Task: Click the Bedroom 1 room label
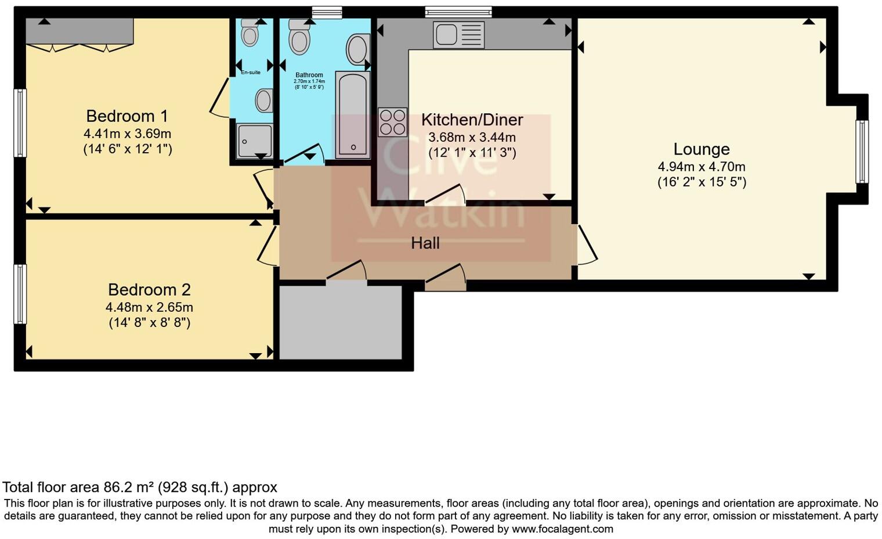coord(127,116)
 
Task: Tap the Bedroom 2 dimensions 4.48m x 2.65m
coord(149,307)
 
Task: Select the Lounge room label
coord(702,149)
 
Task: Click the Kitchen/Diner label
coord(472,120)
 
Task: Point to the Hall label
coord(425,243)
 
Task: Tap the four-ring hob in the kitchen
coord(393,122)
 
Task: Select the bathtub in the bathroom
coord(353,115)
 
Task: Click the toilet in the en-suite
coord(250,32)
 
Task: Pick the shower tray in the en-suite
coord(254,141)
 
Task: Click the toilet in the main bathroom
coord(299,37)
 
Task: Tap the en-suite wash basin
coord(264,100)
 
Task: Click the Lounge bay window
coord(862,152)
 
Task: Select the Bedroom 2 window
coord(20,294)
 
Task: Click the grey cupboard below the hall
coord(341,322)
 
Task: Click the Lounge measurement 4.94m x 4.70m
coord(701,167)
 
